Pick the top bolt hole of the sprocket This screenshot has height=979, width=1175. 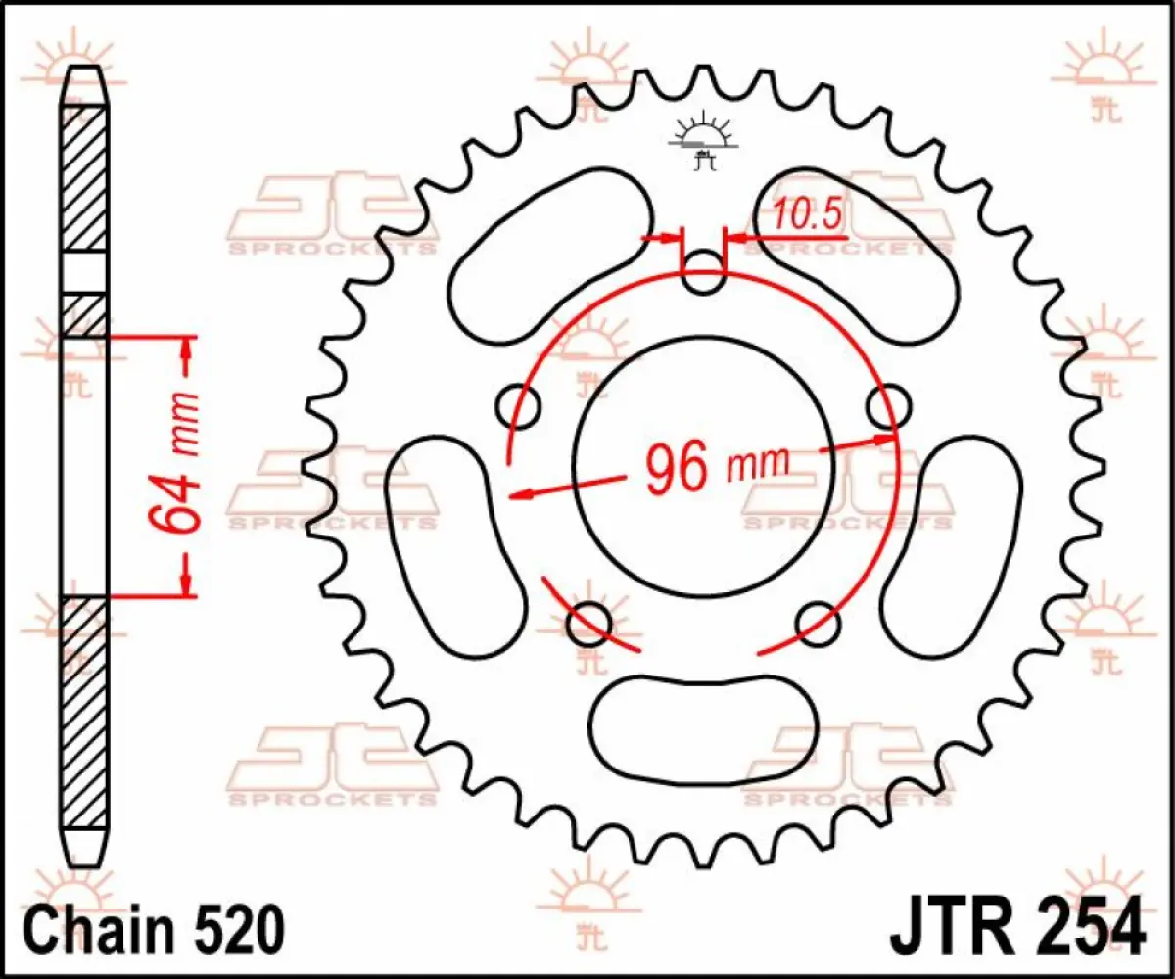[702, 271]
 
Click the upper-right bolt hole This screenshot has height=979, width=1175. [887, 406]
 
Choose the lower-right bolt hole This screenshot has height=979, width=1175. [817, 622]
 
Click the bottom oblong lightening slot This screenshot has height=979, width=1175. [703, 723]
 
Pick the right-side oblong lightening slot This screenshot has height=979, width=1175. [950, 549]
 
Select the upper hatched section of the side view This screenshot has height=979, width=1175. [84, 176]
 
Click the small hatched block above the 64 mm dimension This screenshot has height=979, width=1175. [84, 315]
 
